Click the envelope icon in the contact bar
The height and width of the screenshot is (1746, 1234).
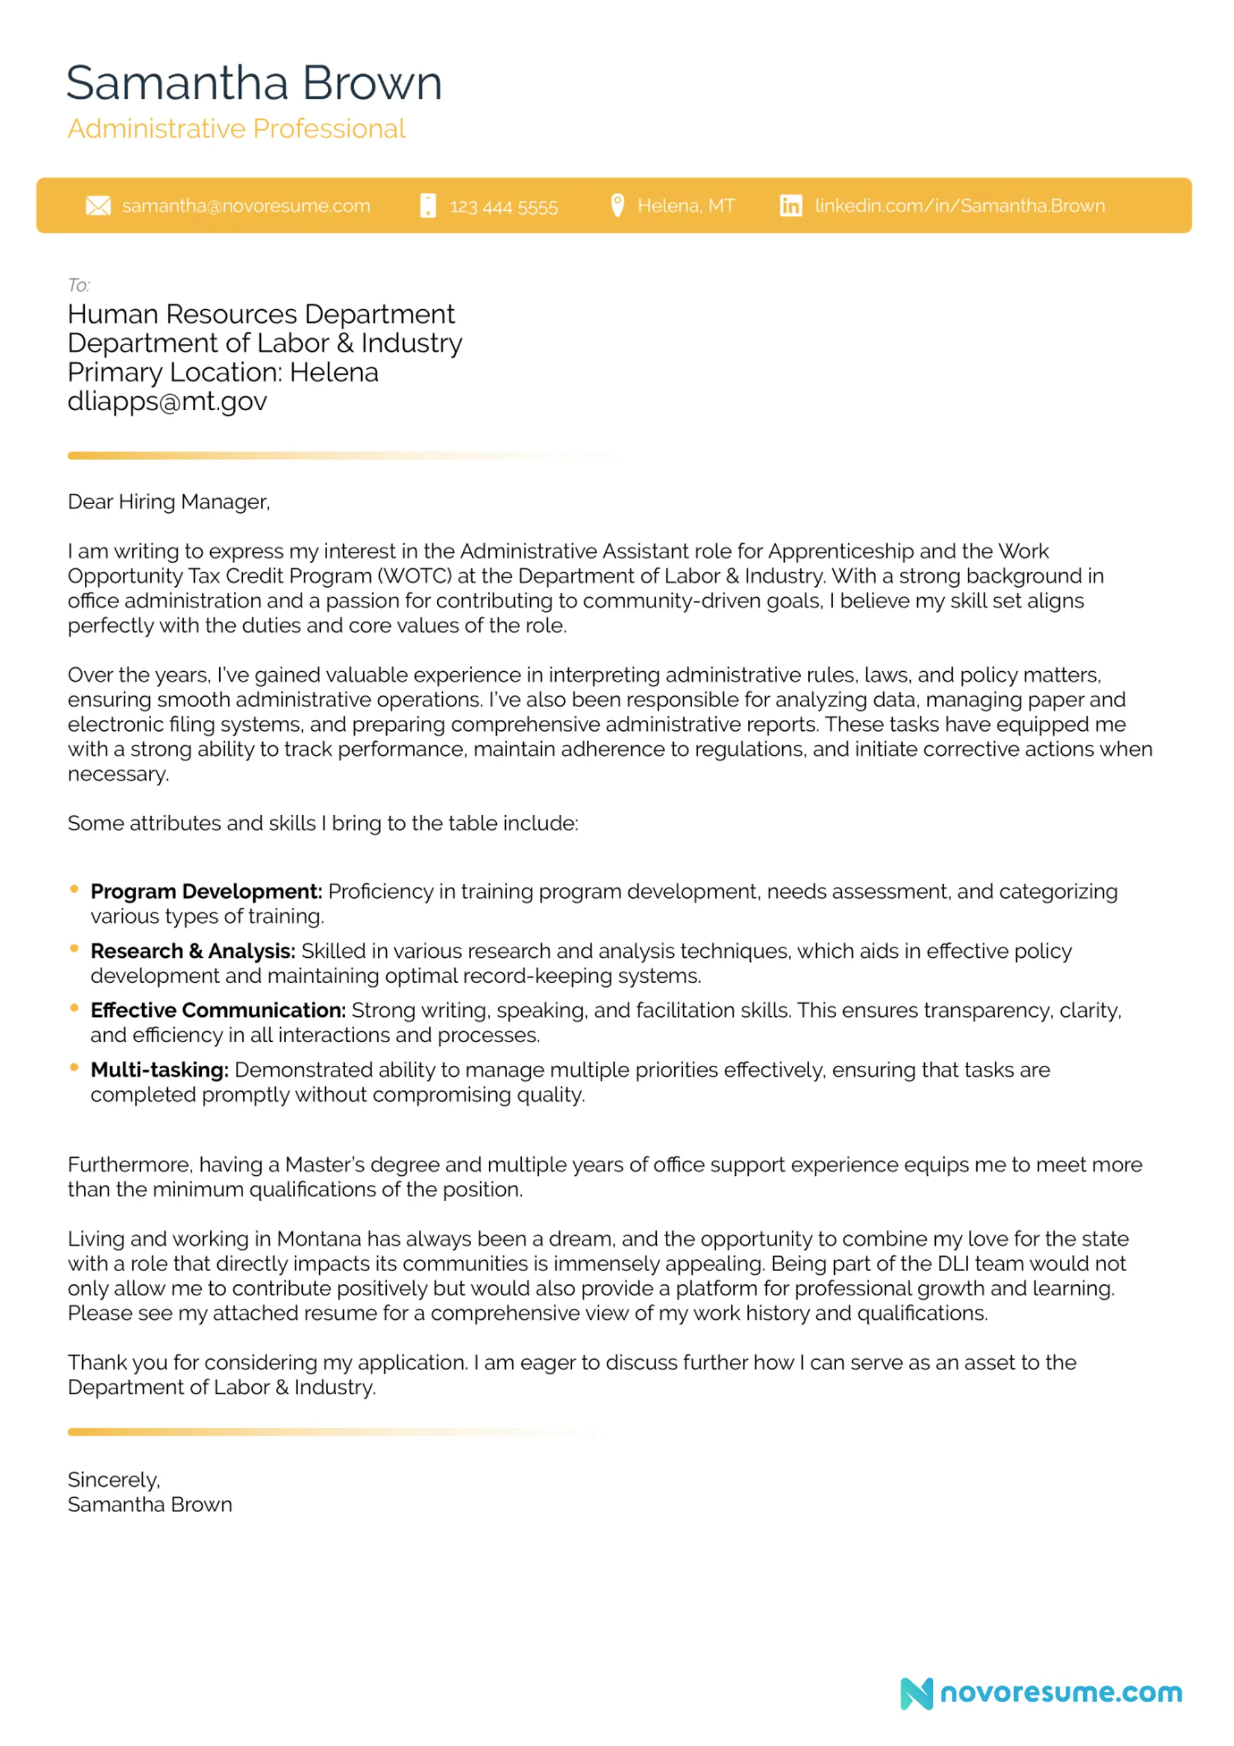point(98,206)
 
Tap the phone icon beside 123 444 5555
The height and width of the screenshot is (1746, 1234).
point(428,206)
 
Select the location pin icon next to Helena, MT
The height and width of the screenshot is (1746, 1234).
point(618,205)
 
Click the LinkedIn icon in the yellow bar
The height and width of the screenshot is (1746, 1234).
point(791,206)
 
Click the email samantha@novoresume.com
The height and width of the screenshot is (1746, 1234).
point(246,206)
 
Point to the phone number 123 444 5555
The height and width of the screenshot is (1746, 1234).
point(503,207)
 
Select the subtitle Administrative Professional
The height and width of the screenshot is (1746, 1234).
point(237,129)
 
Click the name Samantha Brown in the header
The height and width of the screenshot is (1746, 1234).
point(254,83)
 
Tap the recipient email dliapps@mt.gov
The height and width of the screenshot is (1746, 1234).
point(167,402)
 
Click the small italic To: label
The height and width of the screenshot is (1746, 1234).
point(78,285)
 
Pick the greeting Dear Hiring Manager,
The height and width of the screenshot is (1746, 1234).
point(169,502)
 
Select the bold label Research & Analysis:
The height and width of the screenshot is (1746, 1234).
point(192,951)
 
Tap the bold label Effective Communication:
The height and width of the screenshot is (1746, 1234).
point(219,1010)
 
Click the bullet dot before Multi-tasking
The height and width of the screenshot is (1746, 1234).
point(74,1068)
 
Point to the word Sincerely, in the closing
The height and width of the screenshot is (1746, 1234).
point(114,1480)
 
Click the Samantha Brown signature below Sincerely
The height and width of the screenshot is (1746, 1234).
point(150,1505)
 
